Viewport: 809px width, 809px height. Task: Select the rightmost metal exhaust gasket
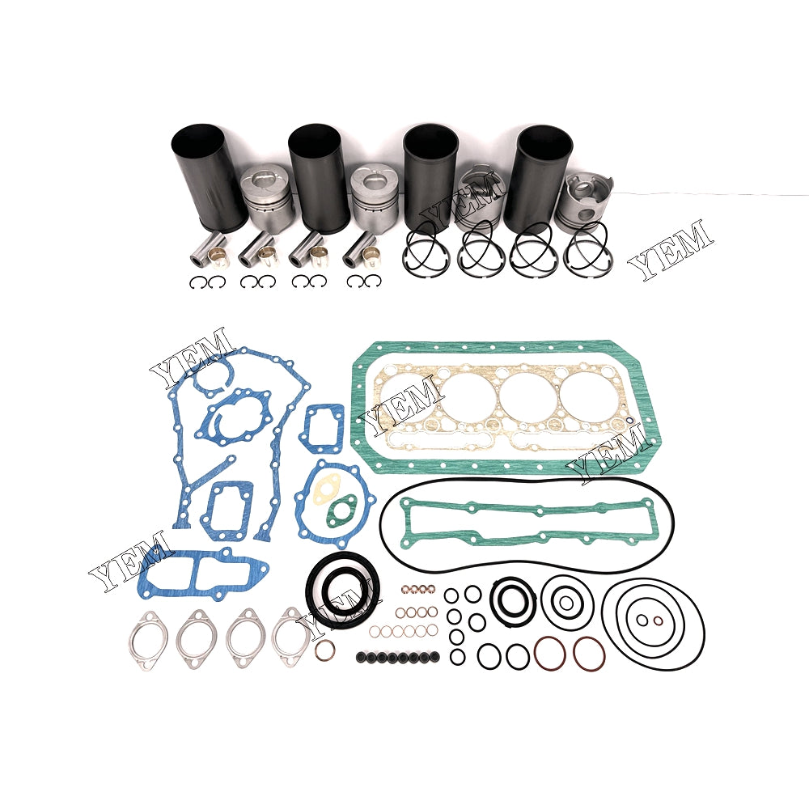pyautogui.click(x=292, y=637)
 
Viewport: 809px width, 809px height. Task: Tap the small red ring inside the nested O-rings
pyautogui.click(x=657, y=621)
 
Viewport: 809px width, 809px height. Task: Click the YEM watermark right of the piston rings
pyautogui.click(x=671, y=250)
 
